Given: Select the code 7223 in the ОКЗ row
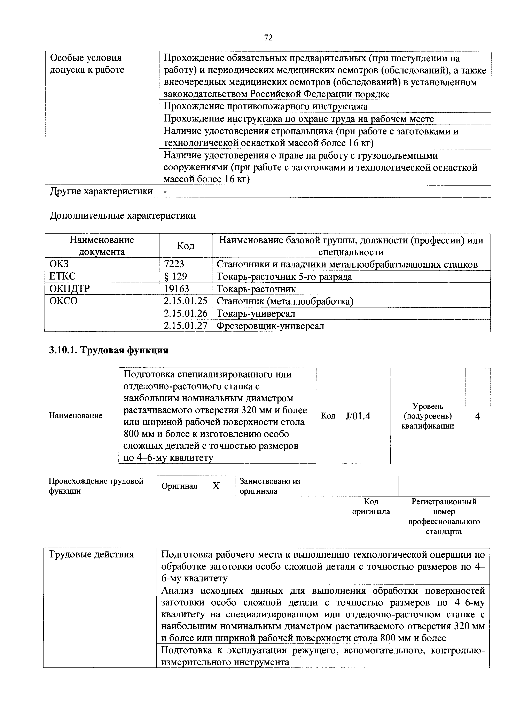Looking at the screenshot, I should click(x=174, y=264).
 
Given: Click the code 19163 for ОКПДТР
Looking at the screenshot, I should click(x=176, y=289).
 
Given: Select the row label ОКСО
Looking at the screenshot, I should click(x=63, y=301).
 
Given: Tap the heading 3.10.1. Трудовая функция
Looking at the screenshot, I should click(x=109, y=350).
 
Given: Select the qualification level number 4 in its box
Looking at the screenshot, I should click(x=477, y=416).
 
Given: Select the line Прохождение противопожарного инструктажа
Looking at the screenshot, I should click(x=266, y=107).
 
